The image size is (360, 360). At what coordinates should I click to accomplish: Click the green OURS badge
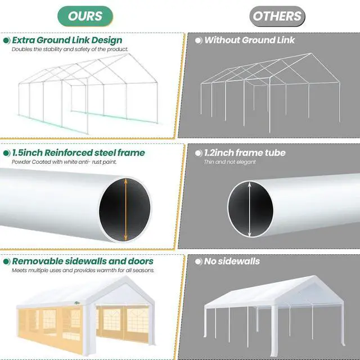(85, 16)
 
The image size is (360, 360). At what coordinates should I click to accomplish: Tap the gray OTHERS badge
(277, 16)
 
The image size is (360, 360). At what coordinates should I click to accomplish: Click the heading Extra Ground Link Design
(67, 40)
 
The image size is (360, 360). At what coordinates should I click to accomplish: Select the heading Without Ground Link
(250, 40)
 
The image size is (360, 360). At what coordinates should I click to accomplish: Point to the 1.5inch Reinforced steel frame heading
(79, 152)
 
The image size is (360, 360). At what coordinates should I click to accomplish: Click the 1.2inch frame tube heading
(245, 152)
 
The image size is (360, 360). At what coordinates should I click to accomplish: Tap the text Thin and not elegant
(230, 162)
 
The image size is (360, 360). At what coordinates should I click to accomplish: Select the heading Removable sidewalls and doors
(83, 261)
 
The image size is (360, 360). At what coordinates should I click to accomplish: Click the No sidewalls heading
(232, 261)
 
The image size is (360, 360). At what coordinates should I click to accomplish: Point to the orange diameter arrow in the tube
(125, 210)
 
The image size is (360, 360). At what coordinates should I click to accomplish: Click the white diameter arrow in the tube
(250, 209)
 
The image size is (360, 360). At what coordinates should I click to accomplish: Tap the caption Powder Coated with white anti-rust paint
(64, 162)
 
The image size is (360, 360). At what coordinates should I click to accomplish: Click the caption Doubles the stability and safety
(70, 49)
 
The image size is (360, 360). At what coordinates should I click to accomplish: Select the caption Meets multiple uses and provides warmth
(83, 271)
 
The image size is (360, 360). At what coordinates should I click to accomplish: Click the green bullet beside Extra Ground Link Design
(7, 40)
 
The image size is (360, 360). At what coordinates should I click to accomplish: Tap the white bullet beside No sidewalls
(199, 262)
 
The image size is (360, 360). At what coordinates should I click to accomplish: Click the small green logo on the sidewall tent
(77, 303)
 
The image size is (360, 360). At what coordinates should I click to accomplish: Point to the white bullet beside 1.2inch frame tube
(199, 153)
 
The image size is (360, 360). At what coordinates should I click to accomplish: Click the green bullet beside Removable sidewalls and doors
(7, 262)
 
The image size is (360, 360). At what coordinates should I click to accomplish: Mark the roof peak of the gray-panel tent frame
(311, 53)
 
